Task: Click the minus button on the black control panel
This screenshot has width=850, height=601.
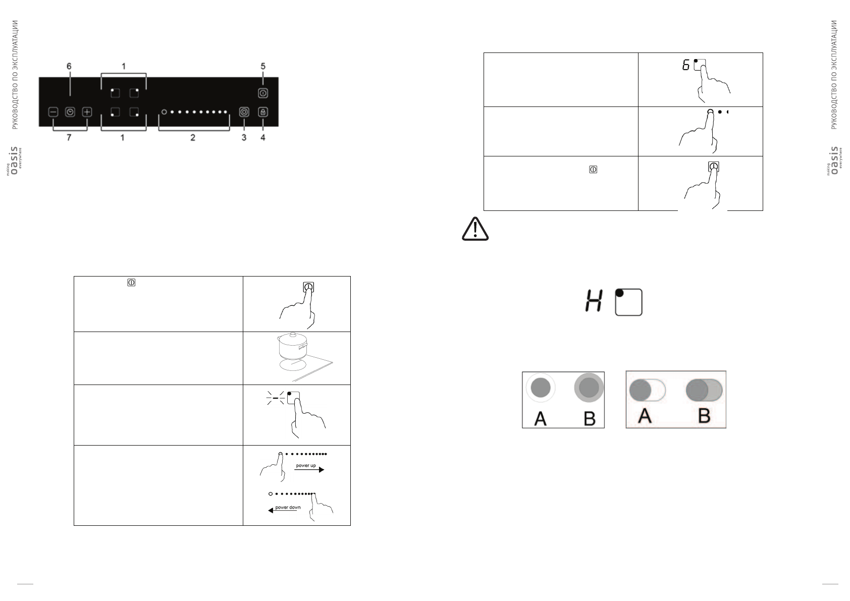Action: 53,112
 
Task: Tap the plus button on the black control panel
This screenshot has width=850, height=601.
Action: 87,112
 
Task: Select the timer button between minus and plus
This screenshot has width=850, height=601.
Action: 70,112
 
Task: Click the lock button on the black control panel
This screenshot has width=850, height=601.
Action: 262,112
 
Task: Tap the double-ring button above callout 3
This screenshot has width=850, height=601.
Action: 244,112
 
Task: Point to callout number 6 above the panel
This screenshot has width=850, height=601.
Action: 69,66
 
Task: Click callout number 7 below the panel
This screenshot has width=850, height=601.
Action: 69,137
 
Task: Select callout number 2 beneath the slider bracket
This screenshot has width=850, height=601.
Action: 193,137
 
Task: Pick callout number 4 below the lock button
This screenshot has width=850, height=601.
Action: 263,137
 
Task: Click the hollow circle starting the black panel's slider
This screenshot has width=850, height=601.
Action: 164,112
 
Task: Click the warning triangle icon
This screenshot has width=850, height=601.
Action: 475,230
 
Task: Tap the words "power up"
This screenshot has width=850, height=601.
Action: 306,465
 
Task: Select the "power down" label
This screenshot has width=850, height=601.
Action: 288,507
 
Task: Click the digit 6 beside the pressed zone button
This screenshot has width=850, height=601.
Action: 686,65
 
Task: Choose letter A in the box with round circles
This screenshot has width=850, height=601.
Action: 540,418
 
